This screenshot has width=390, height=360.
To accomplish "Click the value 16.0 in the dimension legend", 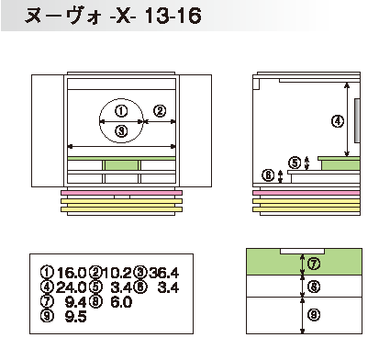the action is [x=72, y=272].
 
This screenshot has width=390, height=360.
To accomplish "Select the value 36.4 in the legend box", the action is [x=164, y=273].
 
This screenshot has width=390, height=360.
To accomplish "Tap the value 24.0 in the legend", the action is [x=71, y=287].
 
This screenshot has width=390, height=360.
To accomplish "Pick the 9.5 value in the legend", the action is [x=76, y=316].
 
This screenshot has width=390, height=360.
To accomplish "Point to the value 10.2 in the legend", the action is [x=117, y=273].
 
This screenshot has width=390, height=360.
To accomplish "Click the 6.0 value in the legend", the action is [x=121, y=302].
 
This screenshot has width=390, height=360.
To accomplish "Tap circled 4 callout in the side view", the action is [x=338, y=121].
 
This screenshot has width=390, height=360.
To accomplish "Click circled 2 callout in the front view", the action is [x=160, y=111].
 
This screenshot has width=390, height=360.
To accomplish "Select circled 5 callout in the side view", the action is [x=295, y=163].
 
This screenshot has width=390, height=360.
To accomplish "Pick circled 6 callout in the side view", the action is [x=268, y=175].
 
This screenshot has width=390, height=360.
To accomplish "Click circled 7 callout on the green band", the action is [x=314, y=264].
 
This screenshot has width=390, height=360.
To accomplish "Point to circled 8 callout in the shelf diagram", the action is [x=314, y=287].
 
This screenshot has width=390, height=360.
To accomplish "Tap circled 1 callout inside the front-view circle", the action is [x=121, y=111].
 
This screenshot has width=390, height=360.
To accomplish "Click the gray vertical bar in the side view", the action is [x=357, y=120].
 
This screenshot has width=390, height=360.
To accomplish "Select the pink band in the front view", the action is [x=122, y=193].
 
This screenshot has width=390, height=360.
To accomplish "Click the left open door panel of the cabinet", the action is [x=48, y=130].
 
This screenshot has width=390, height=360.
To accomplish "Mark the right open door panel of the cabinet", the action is [x=195, y=130].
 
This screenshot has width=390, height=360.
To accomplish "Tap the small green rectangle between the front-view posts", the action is [x=121, y=165].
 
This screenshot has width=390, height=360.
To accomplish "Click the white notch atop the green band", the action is [x=302, y=251].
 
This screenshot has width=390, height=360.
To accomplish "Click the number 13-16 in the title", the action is [x=173, y=16].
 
